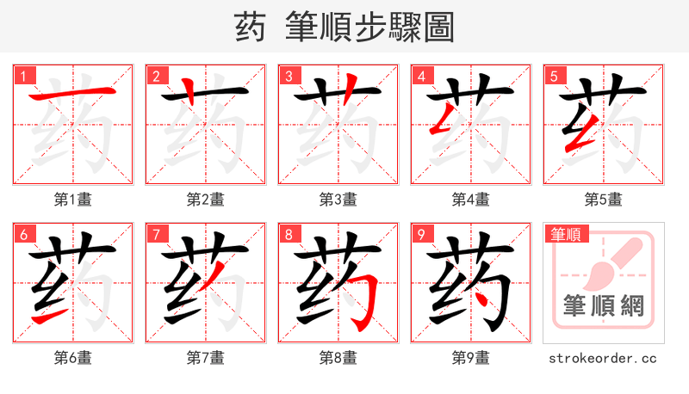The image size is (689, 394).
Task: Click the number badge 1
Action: [x=23, y=76]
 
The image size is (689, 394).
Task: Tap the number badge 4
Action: [x=421, y=76]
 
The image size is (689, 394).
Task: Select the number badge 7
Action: [x=156, y=234]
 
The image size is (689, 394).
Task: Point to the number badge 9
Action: [x=421, y=234]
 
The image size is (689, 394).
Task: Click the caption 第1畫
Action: [x=73, y=200]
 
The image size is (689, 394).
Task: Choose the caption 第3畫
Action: [x=338, y=200]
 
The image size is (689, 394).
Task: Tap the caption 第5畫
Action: [x=604, y=200]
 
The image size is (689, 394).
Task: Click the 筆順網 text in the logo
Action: [x=604, y=305]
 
